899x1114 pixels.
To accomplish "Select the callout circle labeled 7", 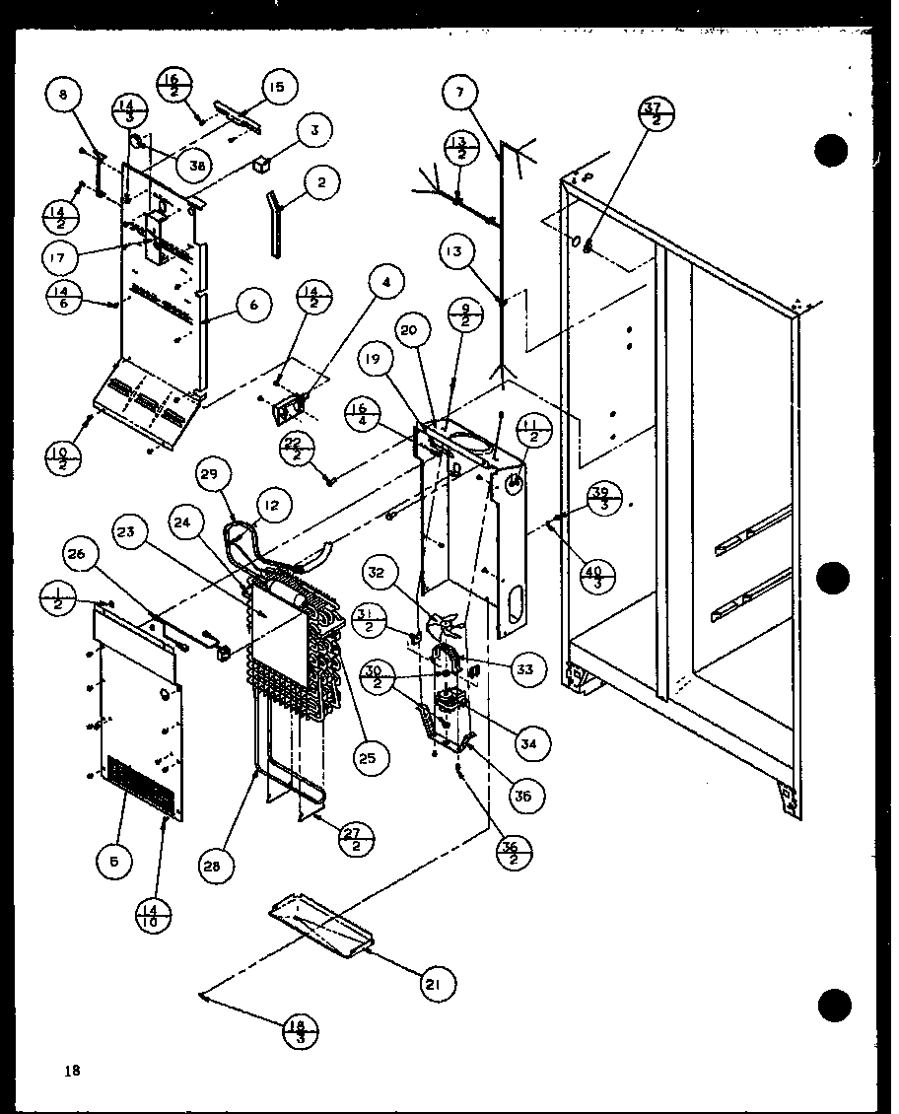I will click(460, 95).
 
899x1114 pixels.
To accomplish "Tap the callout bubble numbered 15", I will click(277, 88).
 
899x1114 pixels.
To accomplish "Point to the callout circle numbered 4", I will click(387, 283).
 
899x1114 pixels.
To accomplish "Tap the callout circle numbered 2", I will click(322, 182).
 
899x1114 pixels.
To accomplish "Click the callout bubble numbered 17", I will click(62, 258).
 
